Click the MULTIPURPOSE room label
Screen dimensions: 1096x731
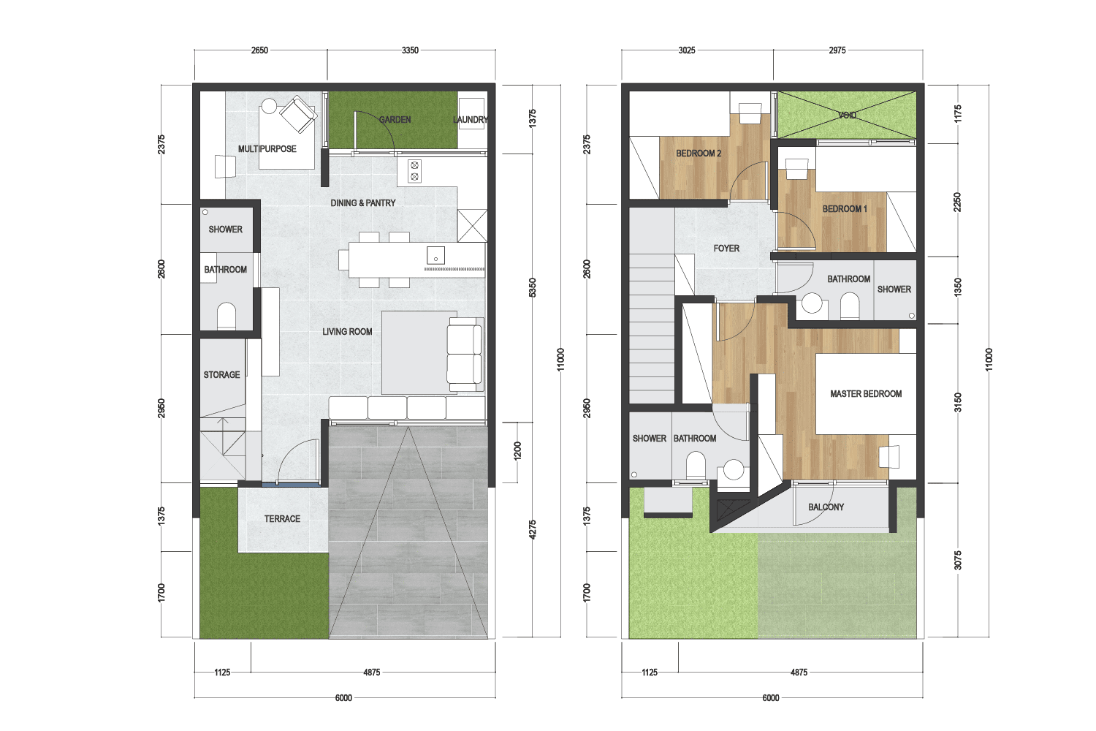(x=267, y=149)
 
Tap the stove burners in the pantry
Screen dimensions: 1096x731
(x=414, y=171)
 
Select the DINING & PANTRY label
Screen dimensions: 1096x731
(x=363, y=202)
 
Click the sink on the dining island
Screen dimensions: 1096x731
(x=435, y=255)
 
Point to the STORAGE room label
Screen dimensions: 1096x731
(x=221, y=374)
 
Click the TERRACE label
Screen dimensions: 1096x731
(x=282, y=518)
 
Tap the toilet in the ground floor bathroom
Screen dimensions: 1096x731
(x=226, y=315)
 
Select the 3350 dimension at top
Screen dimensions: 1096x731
(x=410, y=50)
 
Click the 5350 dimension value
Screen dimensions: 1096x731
(x=533, y=287)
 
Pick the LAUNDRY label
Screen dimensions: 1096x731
(x=471, y=119)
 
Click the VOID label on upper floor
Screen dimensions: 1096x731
(x=847, y=115)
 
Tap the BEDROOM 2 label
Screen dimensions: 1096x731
(x=699, y=154)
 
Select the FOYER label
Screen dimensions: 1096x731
(x=726, y=249)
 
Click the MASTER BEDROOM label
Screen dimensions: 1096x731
(x=866, y=394)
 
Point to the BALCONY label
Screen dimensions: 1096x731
(x=826, y=507)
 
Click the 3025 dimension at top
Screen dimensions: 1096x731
(x=687, y=50)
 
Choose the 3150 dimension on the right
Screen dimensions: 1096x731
(x=958, y=403)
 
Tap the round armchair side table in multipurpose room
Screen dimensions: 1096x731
(x=269, y=106)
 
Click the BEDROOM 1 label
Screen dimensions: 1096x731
(x=845, y=208)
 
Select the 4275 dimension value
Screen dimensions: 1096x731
(x=533, y=530)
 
